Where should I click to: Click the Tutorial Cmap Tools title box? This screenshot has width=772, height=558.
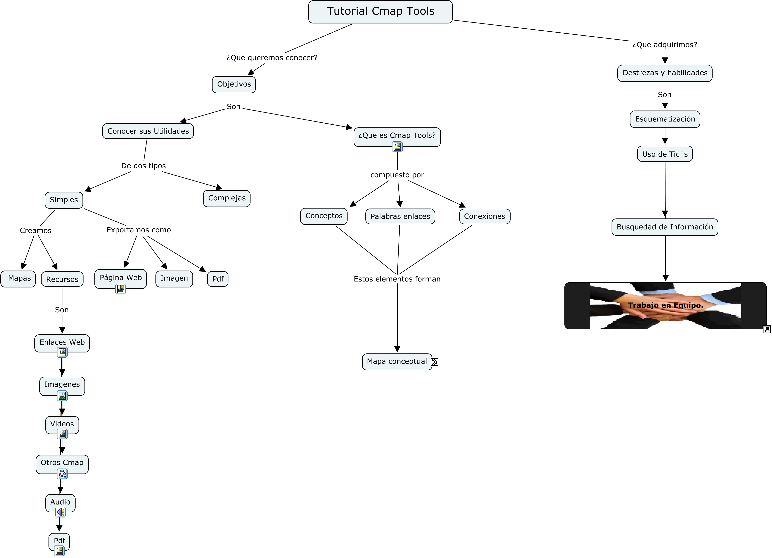pos(380,12)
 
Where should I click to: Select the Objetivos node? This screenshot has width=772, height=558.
pos(234,84)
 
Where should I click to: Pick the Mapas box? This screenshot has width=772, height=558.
pos(19,279)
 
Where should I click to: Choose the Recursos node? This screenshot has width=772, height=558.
pos(62,279)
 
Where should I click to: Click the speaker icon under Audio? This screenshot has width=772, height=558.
pos(60,512)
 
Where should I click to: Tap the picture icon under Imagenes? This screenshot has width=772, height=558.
pos(62,396)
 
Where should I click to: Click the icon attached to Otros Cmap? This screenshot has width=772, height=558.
pos(62,474)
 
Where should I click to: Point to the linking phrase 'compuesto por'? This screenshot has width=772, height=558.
pos(397,175)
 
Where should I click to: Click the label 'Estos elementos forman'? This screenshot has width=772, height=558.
pos(397,279)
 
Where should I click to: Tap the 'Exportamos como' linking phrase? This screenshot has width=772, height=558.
pos(139,230)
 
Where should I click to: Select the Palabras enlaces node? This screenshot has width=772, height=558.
pos(400,216)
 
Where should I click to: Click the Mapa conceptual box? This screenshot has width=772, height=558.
pos(397,362)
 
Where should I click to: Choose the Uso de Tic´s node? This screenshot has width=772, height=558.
pos(665,154)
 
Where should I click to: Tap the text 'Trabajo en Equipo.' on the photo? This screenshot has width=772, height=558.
pos(665,305)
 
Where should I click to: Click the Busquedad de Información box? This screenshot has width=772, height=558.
pos(665,227)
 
